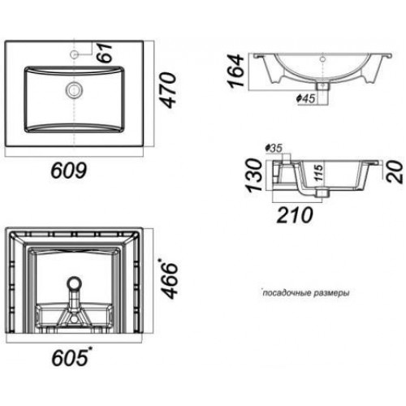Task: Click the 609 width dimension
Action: [69, 171]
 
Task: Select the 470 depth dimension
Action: [167, 90]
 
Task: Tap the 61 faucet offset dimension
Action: [104, 52]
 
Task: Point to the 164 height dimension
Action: [235, 71]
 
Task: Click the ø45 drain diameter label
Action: [306, 99]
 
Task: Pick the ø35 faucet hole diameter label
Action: [274, 148]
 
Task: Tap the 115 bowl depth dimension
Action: [319, 172]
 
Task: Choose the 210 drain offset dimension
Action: [295, 215]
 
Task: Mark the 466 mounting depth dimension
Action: [168, 279]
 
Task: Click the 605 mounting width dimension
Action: [71, 356]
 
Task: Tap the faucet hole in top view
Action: [74, 54]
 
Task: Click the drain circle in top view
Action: [74, 90]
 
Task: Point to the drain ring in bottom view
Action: [74, 283]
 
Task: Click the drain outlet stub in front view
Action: [322, 86]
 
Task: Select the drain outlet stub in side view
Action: [322, 192]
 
